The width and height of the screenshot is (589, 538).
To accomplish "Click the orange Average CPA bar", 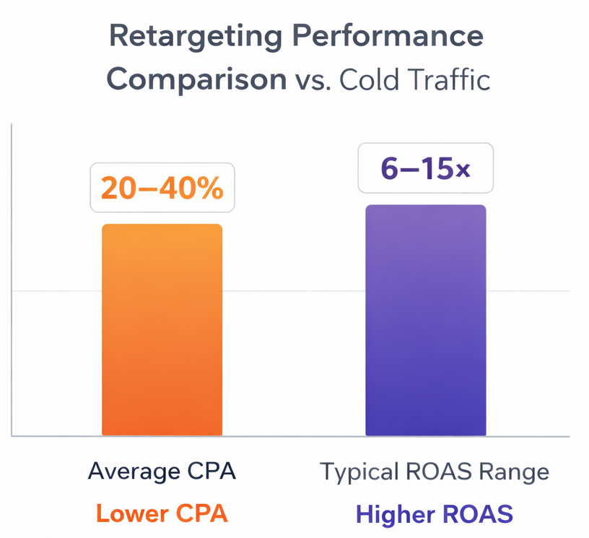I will click(162, 330).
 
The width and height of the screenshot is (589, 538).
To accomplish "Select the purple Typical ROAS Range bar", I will click(425, 321).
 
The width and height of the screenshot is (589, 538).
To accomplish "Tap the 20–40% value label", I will click(162, 188).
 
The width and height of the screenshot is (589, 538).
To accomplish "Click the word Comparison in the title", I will click(196, 79).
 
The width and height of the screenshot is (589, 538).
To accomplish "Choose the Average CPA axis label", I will click(162, 472).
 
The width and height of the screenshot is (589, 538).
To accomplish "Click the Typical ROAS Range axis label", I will click(435, 472).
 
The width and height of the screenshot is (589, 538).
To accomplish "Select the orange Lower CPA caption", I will click(162, 514).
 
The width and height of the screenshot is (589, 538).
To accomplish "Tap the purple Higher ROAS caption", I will click(435, 514).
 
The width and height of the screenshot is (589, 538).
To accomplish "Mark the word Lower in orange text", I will click(127, 514).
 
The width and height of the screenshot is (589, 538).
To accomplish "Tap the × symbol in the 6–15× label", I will click(463, 171).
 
